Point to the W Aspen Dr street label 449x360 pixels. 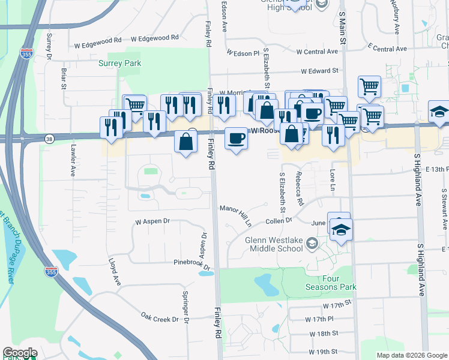pos(152,221)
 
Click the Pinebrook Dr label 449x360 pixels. pos(192,264)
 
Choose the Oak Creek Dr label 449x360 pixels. pos(160,316)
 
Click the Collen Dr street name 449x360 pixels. pos(278,221)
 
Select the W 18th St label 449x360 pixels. pos(324,333)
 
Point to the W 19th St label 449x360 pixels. pos(324,351)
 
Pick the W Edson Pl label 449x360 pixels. pos(243,53)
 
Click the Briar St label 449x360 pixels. pos(64,79)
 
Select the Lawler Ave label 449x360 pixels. pos(72,163)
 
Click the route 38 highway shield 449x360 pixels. pos(49,139)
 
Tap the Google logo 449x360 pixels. pos(20,353)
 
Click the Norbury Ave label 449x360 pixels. pos(397,17)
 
